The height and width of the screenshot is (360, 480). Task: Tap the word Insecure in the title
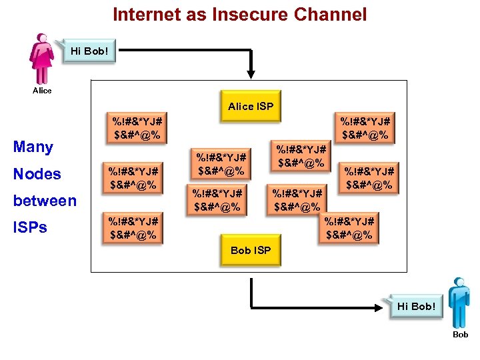(243, 14)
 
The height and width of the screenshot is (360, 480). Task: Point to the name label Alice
(41, 91)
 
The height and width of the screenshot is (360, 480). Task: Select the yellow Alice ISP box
(251, 107)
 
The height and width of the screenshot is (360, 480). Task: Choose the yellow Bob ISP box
(251, 251)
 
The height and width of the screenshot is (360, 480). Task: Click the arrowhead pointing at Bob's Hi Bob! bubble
(385, 307)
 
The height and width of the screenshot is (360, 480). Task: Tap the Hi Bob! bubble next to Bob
(416, 307)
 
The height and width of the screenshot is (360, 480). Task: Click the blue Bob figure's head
(459, 283)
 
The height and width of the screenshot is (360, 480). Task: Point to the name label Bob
(460, 335)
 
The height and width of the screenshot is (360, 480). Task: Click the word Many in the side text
(33, 147)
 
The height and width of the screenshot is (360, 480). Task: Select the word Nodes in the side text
(37, 174)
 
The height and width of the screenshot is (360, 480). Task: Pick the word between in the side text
(45, 201)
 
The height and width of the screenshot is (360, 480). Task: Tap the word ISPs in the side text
(30, 227)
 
